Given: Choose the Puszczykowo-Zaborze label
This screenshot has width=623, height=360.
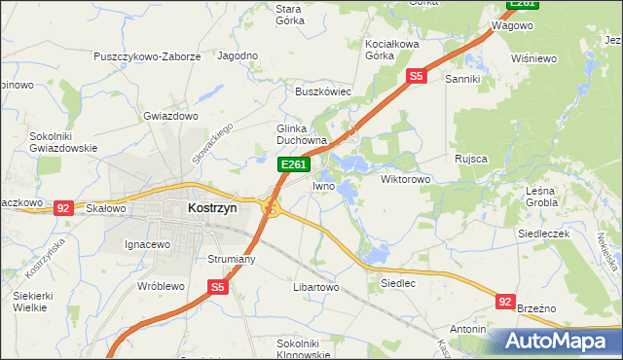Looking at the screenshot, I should point(147,56).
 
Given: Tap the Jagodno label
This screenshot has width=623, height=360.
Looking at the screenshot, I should point(238,56).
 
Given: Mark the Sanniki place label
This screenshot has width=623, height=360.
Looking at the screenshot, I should point(463,79).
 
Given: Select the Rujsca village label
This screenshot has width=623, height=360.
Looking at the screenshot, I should point(470,158).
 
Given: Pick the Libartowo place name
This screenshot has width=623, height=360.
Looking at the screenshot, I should point(314,288).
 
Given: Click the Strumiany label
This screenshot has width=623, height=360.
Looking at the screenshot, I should point(232,259).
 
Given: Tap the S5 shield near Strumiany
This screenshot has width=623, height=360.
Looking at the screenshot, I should point(218,287).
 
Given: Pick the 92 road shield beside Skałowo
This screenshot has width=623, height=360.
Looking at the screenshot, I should point(63,207).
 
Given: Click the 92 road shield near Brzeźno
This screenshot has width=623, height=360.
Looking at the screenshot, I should point(504,302).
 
